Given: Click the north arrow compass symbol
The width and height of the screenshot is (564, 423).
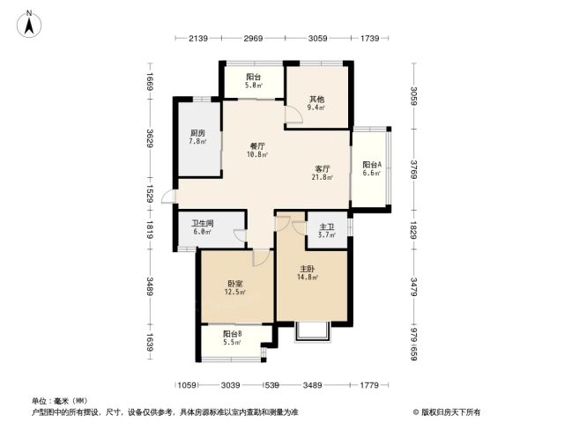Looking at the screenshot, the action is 29,24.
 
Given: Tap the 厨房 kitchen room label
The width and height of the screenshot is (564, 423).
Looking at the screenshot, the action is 197,133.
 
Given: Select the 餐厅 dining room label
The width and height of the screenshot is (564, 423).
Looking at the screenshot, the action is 257,146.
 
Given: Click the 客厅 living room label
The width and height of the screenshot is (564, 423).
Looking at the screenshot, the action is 323,168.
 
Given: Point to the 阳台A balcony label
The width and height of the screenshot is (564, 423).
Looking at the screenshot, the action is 372,165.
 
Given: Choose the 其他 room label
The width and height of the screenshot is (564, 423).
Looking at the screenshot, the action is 316,100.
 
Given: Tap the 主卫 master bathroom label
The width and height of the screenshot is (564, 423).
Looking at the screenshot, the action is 327,227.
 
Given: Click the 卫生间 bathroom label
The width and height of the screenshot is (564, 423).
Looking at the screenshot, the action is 202,223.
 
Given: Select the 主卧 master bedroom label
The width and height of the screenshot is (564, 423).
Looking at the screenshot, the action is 308,269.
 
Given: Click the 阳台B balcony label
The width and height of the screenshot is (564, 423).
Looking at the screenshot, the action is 233,334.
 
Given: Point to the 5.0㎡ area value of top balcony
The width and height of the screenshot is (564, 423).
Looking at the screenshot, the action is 254,85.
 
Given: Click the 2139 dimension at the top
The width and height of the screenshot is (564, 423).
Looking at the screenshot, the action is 198,38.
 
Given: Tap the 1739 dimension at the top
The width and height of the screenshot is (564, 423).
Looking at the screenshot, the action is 370,38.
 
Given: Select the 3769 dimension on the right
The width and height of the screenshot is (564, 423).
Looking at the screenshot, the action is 414,169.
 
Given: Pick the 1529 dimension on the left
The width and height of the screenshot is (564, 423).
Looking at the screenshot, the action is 150,194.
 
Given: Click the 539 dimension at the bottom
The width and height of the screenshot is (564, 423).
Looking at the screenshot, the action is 272,385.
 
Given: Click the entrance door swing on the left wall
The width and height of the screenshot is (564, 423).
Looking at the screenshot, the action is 168,197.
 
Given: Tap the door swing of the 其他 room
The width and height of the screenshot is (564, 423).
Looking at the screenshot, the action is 293,115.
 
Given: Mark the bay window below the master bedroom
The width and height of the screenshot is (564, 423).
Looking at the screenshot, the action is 312,331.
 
